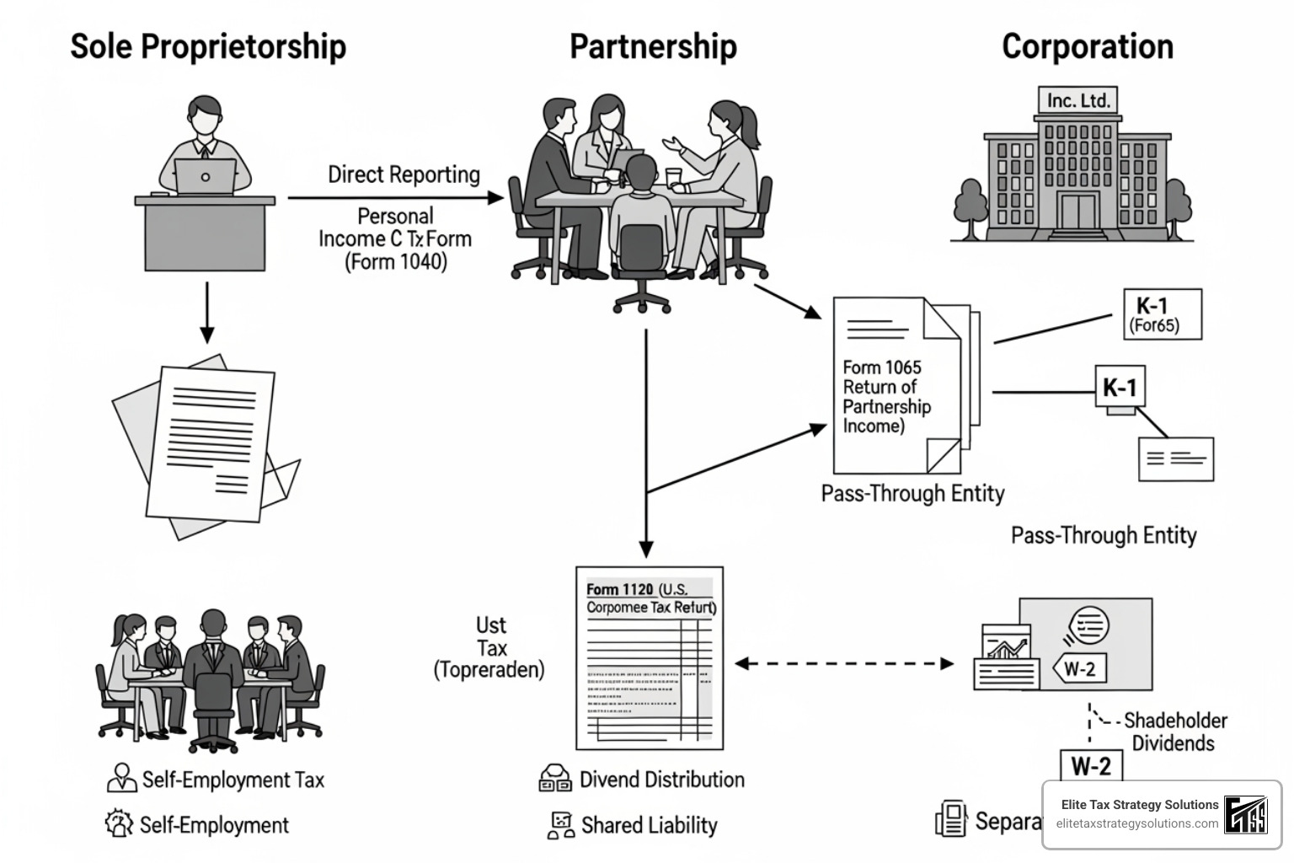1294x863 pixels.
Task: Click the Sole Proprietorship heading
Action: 207,46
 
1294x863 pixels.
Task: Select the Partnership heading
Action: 653,46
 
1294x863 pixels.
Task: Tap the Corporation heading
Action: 1087,46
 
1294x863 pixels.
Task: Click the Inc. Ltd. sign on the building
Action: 1078,100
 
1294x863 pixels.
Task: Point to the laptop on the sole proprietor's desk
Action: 206,176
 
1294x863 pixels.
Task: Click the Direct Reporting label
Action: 404,174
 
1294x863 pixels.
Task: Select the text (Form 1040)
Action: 395,262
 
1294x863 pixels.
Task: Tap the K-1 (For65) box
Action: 1162,314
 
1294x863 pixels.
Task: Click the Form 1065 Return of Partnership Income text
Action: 885,396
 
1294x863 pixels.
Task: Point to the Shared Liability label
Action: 649,825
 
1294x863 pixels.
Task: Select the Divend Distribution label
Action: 661,780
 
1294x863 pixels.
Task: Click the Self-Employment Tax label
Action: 233,780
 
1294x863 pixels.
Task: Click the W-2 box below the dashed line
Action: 1090,766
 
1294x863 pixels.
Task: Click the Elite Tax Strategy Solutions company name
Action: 1139,805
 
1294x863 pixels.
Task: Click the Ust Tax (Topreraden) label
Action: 489,647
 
